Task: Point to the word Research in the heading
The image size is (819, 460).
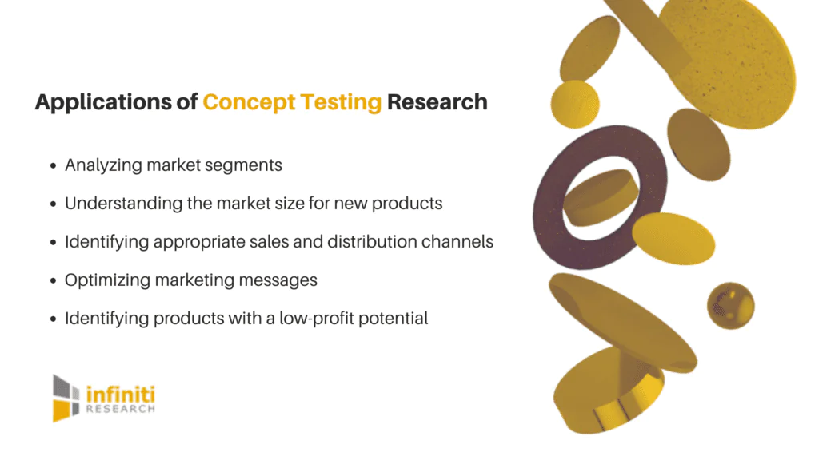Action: point(437,103)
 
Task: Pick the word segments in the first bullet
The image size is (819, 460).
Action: point(247,165)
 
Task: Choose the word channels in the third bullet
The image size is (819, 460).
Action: point(460,242)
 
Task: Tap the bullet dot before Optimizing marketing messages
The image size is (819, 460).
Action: point(53,281)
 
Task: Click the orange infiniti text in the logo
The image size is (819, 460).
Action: point(119,393)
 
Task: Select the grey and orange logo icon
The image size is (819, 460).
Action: point(66,397)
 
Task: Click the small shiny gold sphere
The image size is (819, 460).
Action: point(730,304)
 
